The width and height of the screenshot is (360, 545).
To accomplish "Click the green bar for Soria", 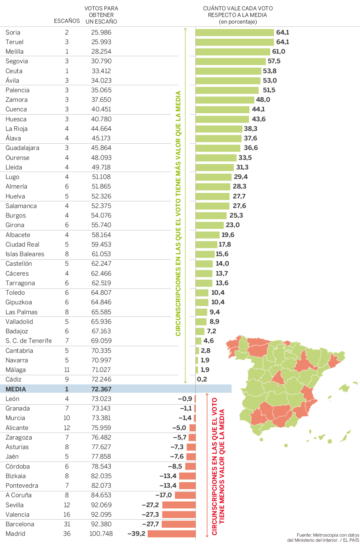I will tap(235, 32).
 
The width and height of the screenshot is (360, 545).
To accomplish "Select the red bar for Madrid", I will tap(172, 534).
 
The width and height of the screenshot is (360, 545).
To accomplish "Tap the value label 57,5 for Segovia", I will tap(274, 61).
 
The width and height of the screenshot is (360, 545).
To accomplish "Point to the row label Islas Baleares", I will tap(25, 254).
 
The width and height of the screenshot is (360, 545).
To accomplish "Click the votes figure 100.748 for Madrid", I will tap(101, 534).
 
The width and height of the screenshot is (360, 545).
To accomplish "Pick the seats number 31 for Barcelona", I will tap(67, 524).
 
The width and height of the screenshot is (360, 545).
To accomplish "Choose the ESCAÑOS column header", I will tap(67, 21).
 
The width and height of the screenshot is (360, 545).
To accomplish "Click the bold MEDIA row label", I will tap(16, 389).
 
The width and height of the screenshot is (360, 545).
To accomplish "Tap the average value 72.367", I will tap(101, 389).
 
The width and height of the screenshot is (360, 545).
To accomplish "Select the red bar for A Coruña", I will tap(185, 495).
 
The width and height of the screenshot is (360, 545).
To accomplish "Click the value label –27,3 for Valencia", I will tap(150, 514).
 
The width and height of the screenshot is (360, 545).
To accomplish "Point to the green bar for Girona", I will tap(209, 225).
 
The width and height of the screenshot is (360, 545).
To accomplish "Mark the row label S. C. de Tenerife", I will tap(29, 341).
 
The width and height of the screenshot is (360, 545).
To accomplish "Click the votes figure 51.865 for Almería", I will tap(101, 186).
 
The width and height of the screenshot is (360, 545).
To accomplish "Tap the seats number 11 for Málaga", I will tap(67, 370).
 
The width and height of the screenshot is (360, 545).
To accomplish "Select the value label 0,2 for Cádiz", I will tap(202, 379).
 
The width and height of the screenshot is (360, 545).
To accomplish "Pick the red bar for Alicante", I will tap(192, 428).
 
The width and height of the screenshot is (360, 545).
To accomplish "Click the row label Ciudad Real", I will tap(22, 244).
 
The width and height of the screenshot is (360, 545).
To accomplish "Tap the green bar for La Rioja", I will tap(219, 129).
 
